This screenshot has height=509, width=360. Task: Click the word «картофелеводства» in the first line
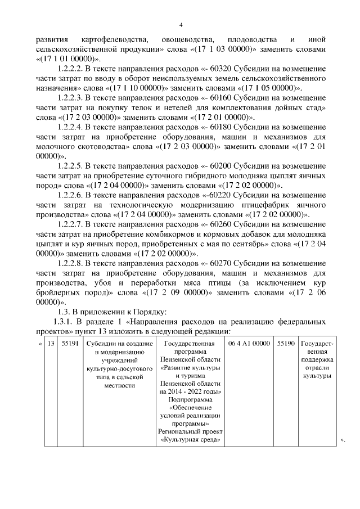(x=115, y=40)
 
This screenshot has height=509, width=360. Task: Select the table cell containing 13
(x=50, y=343)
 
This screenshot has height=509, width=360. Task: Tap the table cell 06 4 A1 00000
(x=250, y=343)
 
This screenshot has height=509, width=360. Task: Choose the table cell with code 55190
(x=286, y=343)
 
